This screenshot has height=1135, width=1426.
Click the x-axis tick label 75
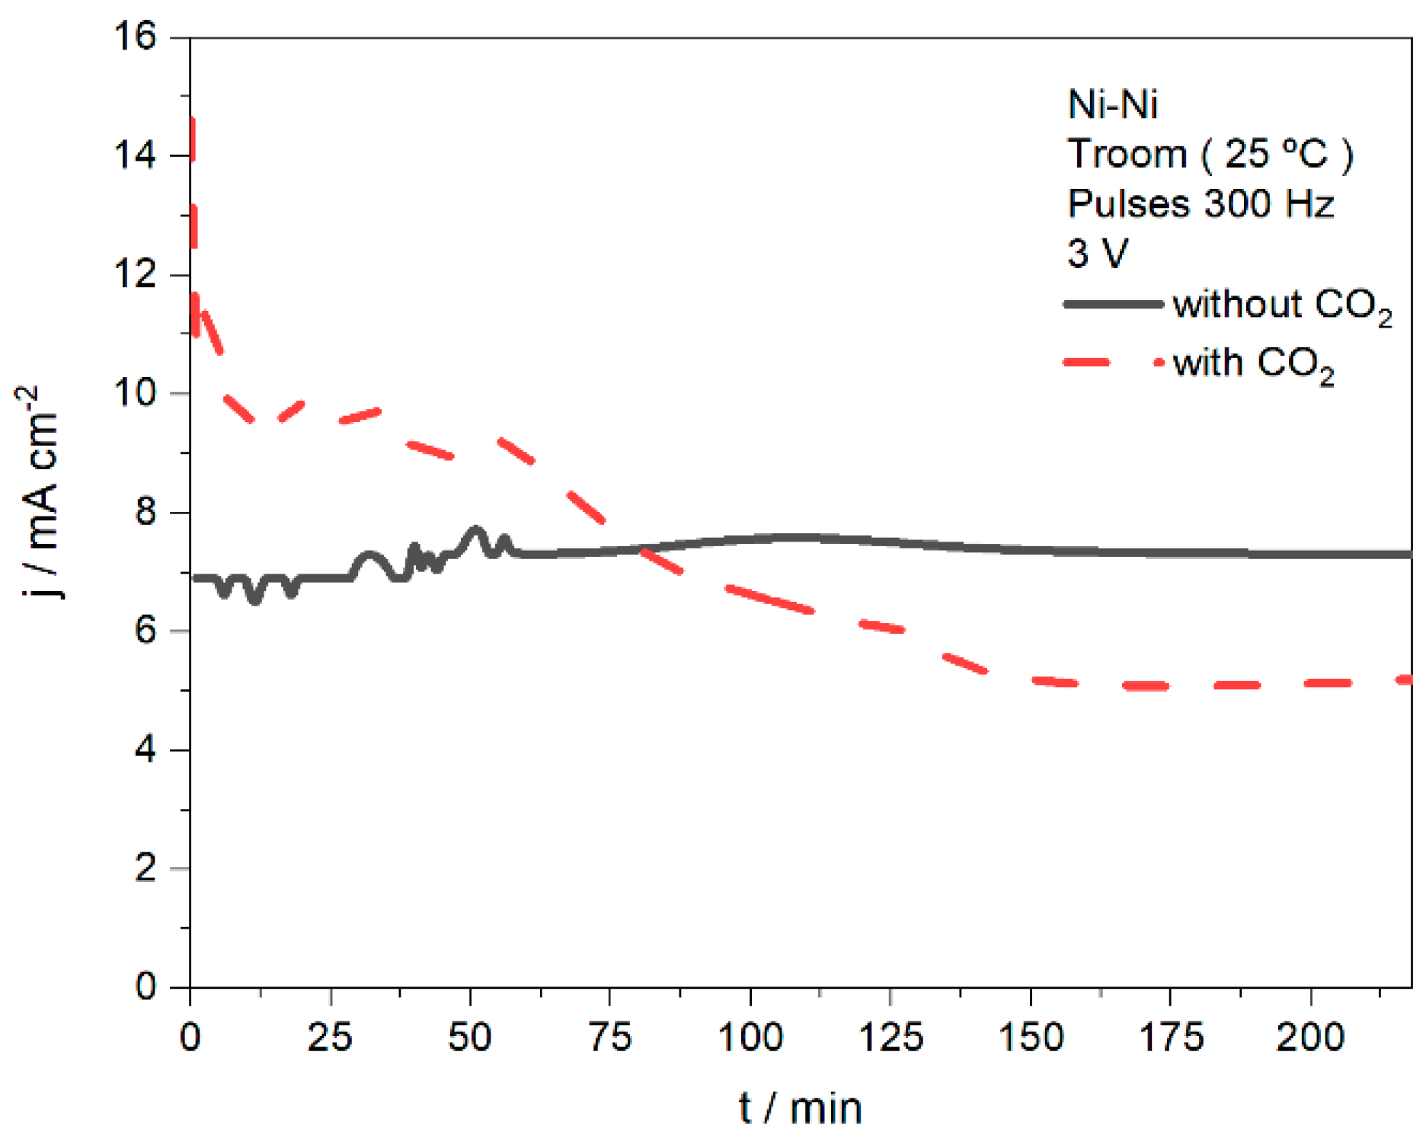point(610,1037)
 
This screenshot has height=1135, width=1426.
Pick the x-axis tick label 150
point(1031,1037)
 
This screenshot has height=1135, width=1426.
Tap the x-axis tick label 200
point(1310,1037)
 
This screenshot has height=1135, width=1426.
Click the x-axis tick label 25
point(330,1037)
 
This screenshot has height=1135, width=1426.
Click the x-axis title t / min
point(800,1108)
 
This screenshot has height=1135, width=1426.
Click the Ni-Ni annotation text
point(1112,105)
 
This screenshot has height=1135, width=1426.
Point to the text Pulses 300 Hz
point(1201,204)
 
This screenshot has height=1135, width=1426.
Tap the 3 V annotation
point(1097,253)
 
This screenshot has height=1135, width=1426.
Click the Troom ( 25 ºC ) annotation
point(1210,155)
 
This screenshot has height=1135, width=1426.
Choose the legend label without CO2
point(1282,305)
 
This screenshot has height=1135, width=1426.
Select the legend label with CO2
point(1252,363)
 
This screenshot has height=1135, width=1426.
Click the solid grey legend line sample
point(1113,304)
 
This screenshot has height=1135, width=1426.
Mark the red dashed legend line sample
point(1113,363)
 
